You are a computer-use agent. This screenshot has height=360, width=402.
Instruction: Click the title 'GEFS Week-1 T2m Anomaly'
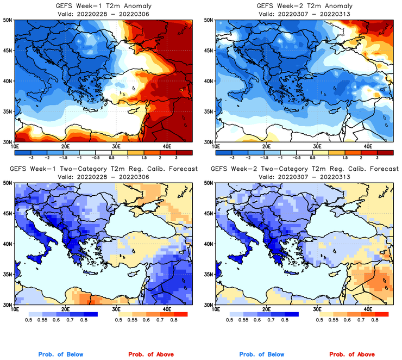coord(103,5)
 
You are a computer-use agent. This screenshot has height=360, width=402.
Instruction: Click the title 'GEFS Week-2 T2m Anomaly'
coord(303,5)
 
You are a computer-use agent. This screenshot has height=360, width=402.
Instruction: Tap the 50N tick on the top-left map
coord(9,20)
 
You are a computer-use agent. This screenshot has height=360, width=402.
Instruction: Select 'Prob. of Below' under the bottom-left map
coord(61,354)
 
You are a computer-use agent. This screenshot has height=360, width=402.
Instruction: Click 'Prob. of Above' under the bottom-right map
coord(353,354)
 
